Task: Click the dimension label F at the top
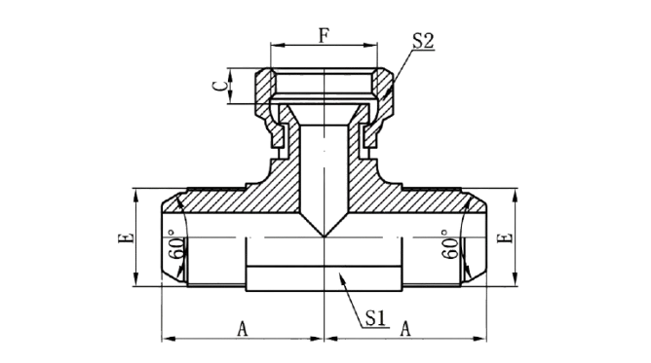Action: tap(324, 35)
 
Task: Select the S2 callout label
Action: tap(423, 41)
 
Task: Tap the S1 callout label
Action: tap(376, 318)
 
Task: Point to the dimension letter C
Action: tap(220, 86)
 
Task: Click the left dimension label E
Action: tap(126, 238)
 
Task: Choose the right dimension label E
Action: tap(505, 238)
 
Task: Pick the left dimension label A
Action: tap(243, 330)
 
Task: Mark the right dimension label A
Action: tap(405, 330)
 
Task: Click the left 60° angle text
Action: tap(174, 244)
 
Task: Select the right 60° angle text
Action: tap(449, 244)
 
